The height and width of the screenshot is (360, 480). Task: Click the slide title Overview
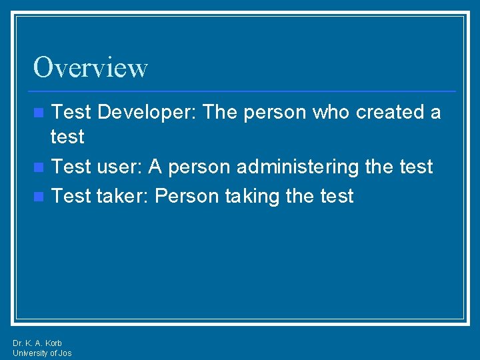click(91, 67)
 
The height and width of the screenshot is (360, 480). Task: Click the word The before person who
click(221, 112)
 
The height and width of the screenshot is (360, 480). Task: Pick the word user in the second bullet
click(119, 167)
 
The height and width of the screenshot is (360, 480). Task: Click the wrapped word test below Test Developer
click(67, 137)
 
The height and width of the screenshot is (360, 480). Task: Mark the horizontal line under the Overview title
click(244, 91)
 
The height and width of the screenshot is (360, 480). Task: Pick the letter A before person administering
click(156, 167)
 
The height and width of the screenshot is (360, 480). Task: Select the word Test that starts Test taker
click(71, 196)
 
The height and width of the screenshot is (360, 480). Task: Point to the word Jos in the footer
click(65, 353)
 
